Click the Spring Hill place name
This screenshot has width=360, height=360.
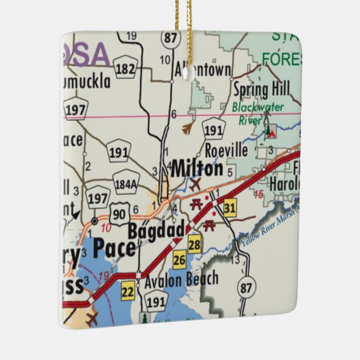(x=261, y=88)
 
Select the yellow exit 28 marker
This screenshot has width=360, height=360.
(x=194, y=244)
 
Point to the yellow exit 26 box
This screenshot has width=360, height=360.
(x=179, y=259)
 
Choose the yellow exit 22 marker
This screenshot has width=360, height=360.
(x=128, y=292)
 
